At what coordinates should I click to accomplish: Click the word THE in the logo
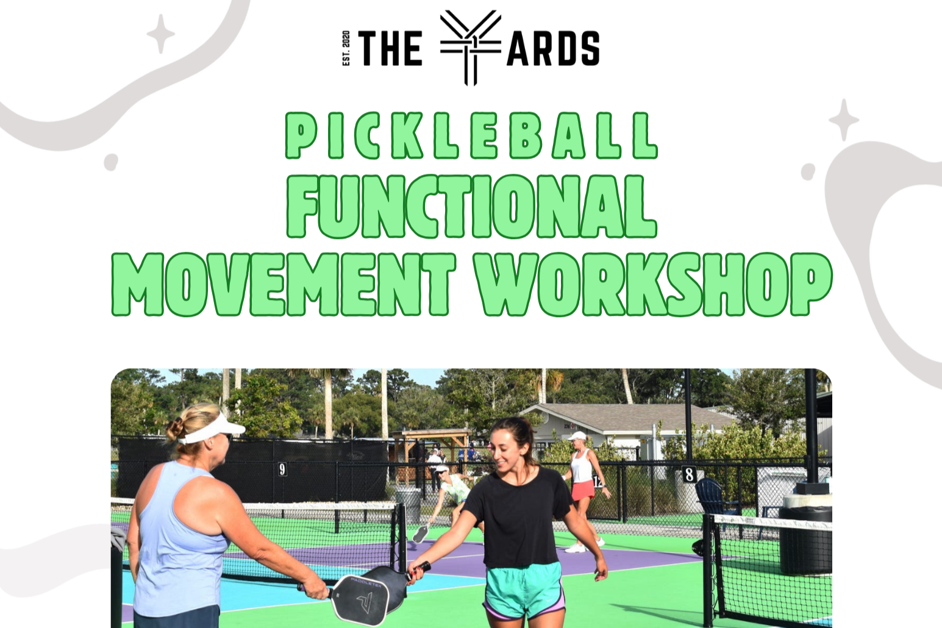[x=390, y=49]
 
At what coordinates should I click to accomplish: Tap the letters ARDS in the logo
[x=553, y=49]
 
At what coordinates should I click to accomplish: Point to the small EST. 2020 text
[x=346, y=48]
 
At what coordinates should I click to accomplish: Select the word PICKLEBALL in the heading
[x=471, y=135]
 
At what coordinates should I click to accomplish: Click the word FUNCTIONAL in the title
[x=471, y=206]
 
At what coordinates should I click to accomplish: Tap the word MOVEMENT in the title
[x=284, y=284]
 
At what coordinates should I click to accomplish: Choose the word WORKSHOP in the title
[x=653, y=284]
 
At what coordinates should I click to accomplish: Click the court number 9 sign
[x=282, y=469]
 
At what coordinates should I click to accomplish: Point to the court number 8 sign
[x=689, y=474]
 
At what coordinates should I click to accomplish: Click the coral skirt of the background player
[x=583, y=490]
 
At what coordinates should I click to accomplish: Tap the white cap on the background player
[x=576, y=436]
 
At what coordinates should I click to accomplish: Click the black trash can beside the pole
[x=805, y=540]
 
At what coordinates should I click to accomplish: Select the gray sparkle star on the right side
[x=844, y=120]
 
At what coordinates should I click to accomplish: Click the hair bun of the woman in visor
[x=176, y=429]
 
